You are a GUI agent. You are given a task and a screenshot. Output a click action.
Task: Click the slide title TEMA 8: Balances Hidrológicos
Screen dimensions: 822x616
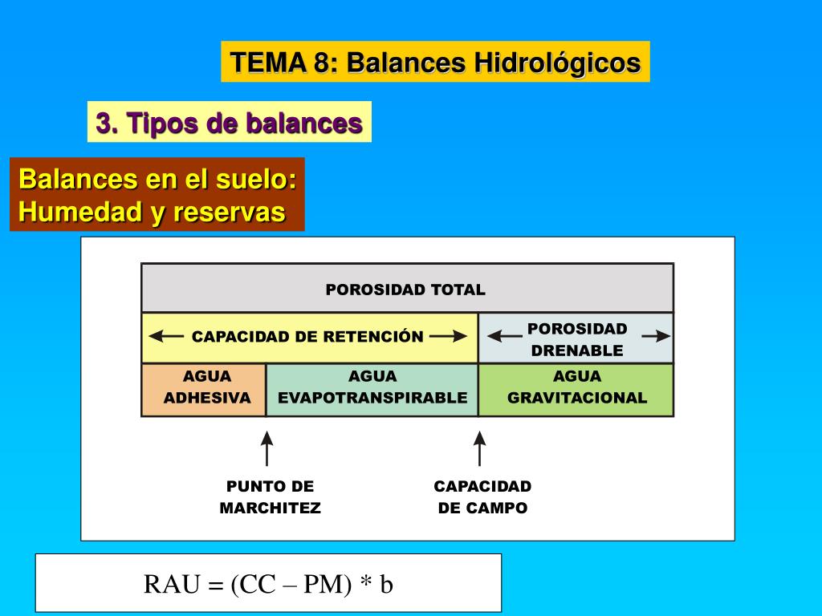pyautogui.click(x=435, y=62)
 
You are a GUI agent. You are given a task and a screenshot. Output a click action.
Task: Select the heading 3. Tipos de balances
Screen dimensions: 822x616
pyautogui.click(x=229, y=123)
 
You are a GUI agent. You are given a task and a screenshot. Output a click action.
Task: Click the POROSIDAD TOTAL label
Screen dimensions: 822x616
pyautogui.click(x=405, y=290)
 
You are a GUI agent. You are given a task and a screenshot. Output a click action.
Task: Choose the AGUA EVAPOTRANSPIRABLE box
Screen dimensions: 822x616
pyautogui.click(x=372, y=387)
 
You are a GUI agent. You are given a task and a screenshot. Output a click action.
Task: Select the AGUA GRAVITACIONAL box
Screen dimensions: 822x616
pyautogui.click(x=577, y=387)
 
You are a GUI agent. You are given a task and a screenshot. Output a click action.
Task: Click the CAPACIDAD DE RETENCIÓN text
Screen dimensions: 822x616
pyautogui.click(x=307, y=337)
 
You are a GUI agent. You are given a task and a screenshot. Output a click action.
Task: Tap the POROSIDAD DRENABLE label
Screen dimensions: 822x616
pyautogui.click(x=577, y=339)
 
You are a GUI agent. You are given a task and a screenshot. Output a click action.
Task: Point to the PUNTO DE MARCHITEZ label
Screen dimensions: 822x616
pyautogui.click(x=270, y=497)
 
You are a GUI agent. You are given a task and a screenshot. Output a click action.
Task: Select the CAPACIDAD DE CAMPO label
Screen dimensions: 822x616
pyautogui.click(x=482, y=497)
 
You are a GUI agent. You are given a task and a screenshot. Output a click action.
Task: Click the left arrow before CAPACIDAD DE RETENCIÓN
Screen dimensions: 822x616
pyautogui.click(x=166, y=337)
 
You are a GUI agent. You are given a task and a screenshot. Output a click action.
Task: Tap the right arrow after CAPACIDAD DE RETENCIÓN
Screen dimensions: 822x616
pyautogui.click(x=448, y=337)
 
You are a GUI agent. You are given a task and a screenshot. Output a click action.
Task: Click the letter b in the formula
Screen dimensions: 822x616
pyautogui.click(x=386, y=585)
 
